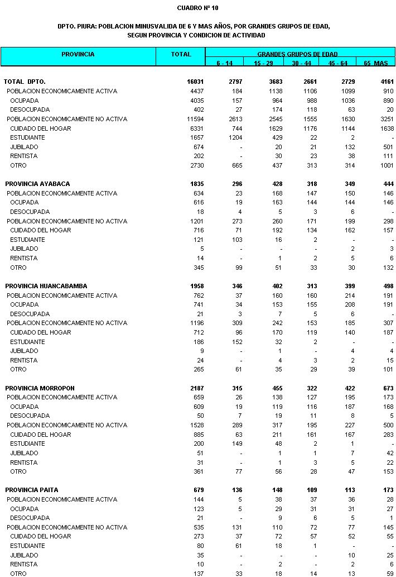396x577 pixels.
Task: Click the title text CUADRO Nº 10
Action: click(x=198, y=8)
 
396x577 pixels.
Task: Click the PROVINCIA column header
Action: click(x=78, y=55)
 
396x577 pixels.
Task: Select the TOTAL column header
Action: click(x=181, y=55)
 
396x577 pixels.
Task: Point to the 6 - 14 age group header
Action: click(x=225, y=63)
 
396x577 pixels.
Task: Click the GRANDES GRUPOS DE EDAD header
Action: click(x=297, y=54)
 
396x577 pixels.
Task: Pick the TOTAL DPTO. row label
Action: click(x=25, y=82)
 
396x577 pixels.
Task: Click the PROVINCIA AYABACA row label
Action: click(x=37, y=184)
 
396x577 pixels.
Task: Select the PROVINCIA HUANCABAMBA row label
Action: click(x=46, y=286)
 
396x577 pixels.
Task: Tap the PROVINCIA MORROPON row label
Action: click(x=40, y=388)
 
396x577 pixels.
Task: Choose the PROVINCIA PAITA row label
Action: click(x=32, y=490)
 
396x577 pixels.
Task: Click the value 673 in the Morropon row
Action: click(x=388, y=388)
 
